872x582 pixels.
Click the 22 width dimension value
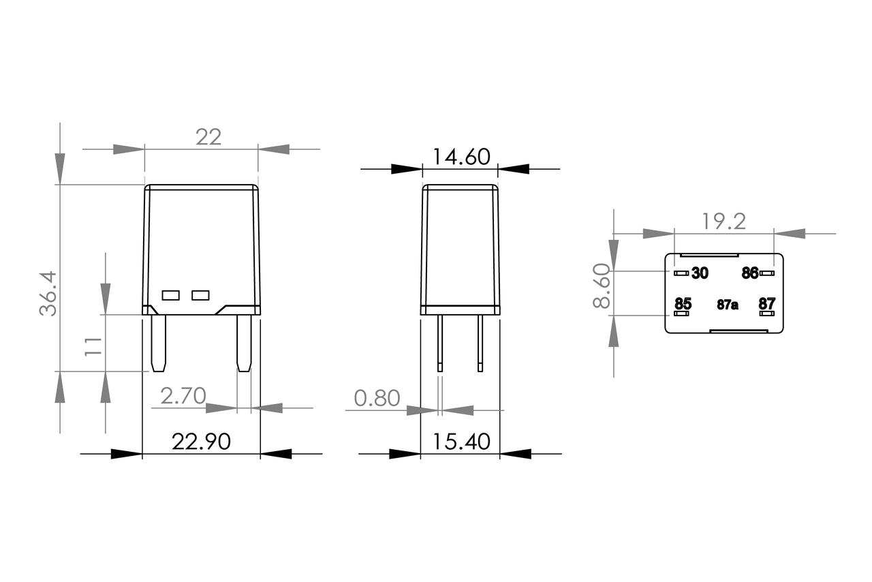pos(208,137)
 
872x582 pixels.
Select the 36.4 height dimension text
pos(48,294)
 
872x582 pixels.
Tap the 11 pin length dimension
pos(93,346)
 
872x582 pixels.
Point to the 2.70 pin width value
pos(183,396)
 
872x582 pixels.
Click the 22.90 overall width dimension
pos(201,442)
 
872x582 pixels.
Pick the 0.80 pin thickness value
pos(377,398)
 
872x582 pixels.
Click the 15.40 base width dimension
pos(461,442)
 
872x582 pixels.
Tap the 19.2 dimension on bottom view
pos(723,221)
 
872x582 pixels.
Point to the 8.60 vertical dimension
pos(602,287)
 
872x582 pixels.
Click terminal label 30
pos(700,273)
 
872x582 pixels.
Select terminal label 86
pos(749,273)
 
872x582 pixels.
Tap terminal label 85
pos(683,303)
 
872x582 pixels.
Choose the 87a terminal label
pos(727,305)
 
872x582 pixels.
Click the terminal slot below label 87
pos(766,313)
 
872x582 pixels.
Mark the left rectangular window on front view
pos(170,295)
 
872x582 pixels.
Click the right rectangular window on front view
pos(200,295)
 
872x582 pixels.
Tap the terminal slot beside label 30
pos(681,273)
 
